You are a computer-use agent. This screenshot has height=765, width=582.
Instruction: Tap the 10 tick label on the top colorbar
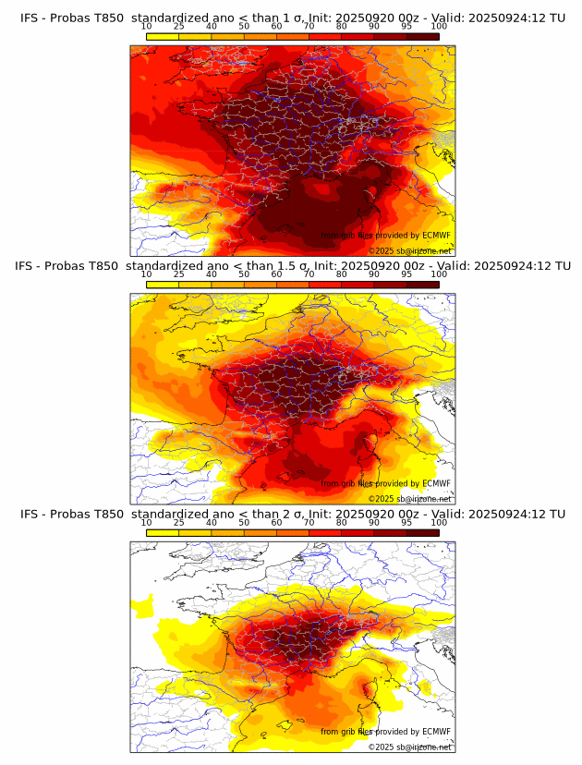pos(146,26)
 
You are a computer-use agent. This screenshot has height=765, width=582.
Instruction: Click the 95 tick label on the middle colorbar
pos(406,274)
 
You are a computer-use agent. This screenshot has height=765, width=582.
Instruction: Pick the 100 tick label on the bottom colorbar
pos(439,522)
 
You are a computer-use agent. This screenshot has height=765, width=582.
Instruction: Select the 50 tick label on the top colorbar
pos(244,26)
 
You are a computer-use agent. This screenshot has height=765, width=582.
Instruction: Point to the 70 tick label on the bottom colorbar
pos(309,522)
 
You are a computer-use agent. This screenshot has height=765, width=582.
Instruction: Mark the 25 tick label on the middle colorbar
pos(178,274)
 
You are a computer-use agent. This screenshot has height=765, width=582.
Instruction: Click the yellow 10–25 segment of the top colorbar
pos(163,36)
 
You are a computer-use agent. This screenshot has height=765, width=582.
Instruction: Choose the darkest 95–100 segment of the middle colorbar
pos(422,285)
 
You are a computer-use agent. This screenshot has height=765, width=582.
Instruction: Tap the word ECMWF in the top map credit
pos(436,236)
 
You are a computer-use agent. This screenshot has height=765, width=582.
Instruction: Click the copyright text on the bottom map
pos(409,747)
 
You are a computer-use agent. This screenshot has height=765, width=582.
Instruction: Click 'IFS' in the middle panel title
pos(30,266)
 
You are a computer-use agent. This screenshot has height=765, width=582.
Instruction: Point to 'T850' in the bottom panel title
pos(107,514)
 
